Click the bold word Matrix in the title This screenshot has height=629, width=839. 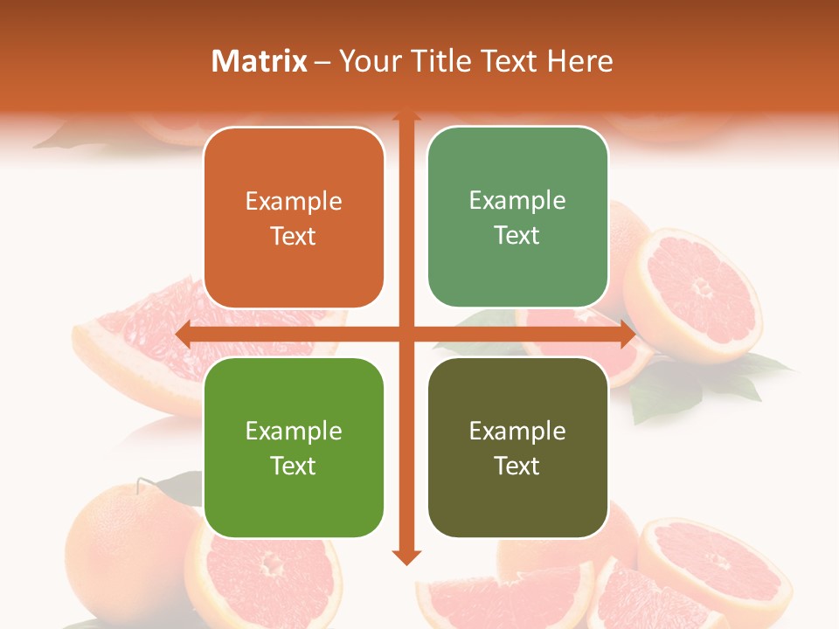260,61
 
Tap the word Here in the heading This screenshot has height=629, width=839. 579,61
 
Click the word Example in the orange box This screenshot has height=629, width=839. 294,202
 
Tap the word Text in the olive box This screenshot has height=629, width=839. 517,466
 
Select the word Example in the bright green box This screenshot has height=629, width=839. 294,432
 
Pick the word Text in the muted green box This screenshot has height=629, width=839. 517,235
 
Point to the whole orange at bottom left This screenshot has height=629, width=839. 122,542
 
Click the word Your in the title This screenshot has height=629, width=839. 367,61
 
